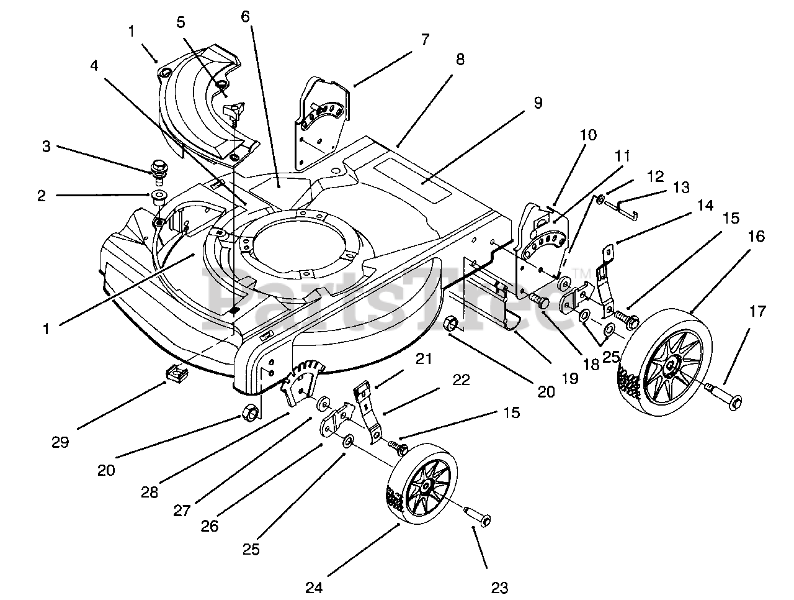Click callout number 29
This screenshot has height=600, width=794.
(60, 442)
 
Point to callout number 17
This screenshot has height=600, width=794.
(758, 311)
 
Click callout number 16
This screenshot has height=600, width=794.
(756, 237)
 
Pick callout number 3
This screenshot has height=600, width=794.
(47, 147)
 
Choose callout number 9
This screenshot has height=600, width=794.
(538, 102)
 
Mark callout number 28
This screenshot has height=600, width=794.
(149, 492)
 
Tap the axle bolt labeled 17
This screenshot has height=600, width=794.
(723, 398)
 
